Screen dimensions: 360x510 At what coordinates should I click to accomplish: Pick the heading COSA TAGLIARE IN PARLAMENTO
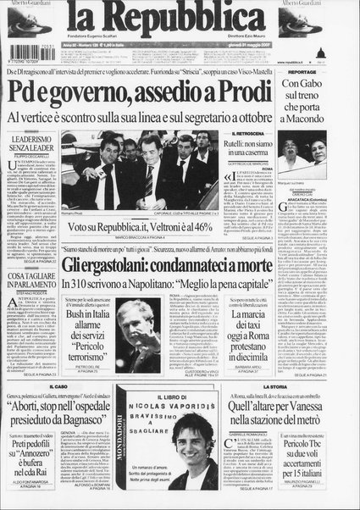(x=30, y=276)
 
